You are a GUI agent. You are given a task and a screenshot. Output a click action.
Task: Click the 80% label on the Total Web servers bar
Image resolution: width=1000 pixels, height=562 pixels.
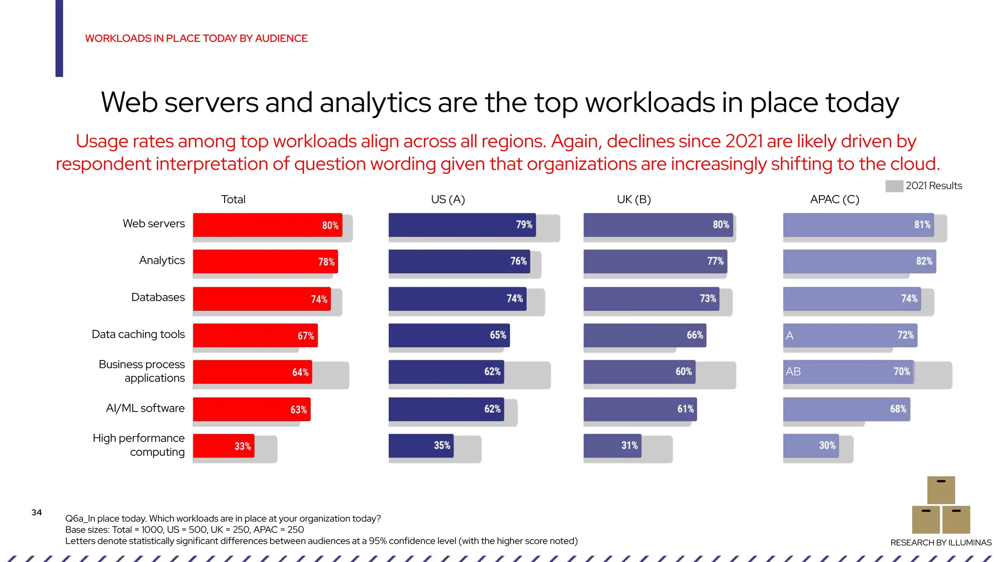[330, 225]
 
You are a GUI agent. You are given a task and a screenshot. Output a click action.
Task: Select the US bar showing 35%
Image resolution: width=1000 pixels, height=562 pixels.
[420, 445]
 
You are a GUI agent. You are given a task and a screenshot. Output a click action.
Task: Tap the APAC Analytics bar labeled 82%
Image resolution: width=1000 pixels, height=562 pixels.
[859, 261]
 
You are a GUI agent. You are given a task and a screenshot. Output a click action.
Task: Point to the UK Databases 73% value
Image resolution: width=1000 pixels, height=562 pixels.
[708, 299]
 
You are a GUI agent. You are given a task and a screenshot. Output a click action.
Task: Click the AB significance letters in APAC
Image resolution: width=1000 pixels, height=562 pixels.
[793, 372]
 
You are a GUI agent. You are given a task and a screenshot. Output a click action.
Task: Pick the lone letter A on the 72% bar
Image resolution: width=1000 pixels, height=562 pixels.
[790, 336]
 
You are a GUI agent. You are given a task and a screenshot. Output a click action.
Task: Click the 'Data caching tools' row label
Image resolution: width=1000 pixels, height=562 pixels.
[138, 334]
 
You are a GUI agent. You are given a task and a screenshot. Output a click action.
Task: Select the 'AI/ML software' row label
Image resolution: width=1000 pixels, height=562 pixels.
[145, 408]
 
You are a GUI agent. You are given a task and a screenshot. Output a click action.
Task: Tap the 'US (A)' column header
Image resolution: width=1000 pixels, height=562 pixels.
[448, 200]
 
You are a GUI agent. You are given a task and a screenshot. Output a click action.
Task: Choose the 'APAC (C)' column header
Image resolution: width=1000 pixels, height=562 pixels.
[834, 200]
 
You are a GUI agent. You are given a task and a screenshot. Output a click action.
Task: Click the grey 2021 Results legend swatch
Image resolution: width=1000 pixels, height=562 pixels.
[894, 186]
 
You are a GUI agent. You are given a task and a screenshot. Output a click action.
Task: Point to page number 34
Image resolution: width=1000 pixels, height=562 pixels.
[37, 512]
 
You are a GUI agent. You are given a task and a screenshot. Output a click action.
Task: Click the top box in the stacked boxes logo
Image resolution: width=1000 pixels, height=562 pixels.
[940, 490]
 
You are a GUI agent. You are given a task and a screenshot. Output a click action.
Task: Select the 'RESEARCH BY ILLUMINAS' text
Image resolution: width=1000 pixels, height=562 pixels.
[940, 542]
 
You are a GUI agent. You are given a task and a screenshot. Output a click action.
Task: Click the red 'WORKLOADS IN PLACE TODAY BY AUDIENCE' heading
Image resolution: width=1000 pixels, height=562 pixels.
[196, 39]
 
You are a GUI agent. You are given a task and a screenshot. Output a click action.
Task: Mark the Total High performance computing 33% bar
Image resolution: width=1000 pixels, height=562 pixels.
[223, 446]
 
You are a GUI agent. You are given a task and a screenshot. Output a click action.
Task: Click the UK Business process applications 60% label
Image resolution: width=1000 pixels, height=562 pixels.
[683, 372]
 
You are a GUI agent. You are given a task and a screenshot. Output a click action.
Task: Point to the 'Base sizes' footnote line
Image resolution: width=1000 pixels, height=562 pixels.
[185, 530]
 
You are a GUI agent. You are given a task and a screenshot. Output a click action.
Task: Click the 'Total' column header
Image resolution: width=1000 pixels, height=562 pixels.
[233, 200]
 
